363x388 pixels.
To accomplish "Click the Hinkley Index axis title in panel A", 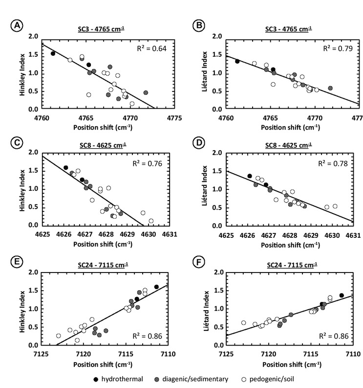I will tap(22, 73).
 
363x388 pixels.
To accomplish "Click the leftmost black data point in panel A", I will tap(53, 53).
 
